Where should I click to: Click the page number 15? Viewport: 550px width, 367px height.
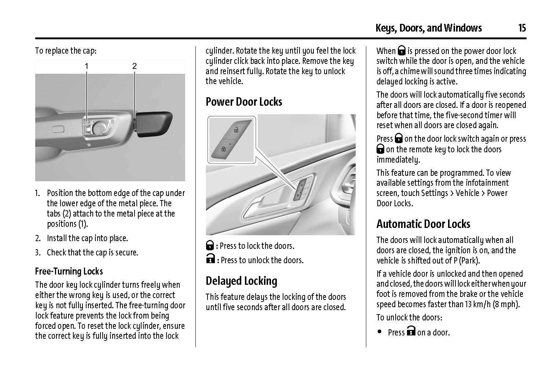coord(522,28)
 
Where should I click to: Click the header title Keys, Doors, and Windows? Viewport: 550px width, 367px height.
coord(428,28)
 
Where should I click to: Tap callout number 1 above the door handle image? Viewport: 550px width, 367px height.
coord(87,66)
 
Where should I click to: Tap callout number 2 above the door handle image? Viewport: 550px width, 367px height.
coord(135,66)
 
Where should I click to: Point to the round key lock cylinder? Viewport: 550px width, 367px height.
coord(99,128)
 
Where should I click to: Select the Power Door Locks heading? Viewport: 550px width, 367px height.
coord(244,102)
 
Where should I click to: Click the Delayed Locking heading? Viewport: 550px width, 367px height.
coord(241,281)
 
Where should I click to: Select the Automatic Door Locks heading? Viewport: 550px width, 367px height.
coord(423,224)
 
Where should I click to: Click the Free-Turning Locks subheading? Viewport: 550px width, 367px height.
coord(69,271)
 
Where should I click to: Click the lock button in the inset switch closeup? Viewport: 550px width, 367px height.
coord(223,149)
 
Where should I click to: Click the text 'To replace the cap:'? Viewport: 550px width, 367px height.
coord(66,51)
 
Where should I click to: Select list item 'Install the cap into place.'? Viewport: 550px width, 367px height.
coord(87,238)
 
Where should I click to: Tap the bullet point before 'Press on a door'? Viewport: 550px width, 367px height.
coord(379,332)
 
